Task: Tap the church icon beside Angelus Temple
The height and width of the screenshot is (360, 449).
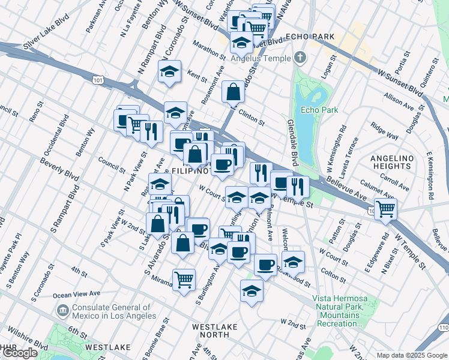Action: pos(300,58)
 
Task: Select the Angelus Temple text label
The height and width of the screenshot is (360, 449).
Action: pos(263,58)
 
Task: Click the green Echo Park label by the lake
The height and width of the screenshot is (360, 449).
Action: pos(319,110)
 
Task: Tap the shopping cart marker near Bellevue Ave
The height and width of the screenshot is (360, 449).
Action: pos(385,209)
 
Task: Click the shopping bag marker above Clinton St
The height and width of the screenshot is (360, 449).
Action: pos(233,92)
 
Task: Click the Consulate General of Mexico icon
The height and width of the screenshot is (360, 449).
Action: pos(62,310)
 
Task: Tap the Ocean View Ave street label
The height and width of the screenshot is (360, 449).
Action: pos(76,294)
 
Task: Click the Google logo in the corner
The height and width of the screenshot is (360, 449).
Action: pos(20,353)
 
